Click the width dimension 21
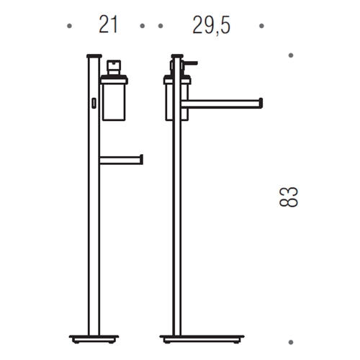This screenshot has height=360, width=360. click(107, 26)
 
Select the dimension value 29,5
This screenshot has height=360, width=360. click(211, 26)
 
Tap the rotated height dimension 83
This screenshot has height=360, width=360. click(288, 197)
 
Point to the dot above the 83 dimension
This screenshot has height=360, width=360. click(291, 55)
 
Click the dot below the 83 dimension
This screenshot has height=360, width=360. click(291, 338)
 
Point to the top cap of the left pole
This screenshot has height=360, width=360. click(92, 54)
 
